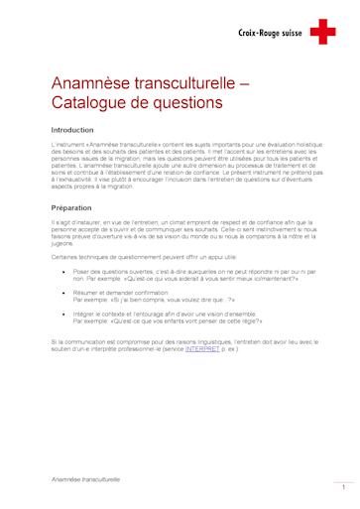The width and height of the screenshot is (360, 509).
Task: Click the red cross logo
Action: [322, 33]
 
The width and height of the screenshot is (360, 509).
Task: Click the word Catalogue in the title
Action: [91, 102]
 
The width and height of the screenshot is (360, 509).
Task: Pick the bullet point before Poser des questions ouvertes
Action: [64, 270]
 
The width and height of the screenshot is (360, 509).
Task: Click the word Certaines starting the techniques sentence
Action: [65, 255]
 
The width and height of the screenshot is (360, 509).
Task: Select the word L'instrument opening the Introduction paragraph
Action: [68, 145]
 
